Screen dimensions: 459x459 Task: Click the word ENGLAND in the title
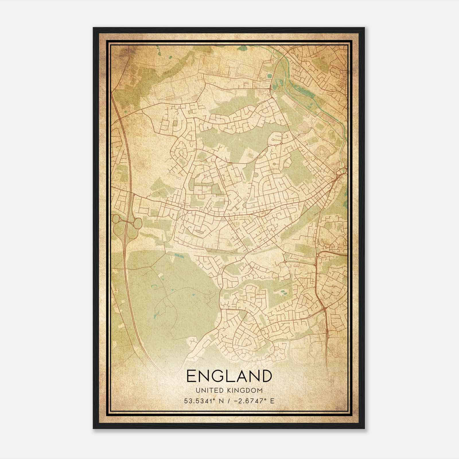coord(229,376)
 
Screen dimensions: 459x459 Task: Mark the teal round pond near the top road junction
coord(269,76)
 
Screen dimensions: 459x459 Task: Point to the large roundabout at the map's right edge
coord(340,172)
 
